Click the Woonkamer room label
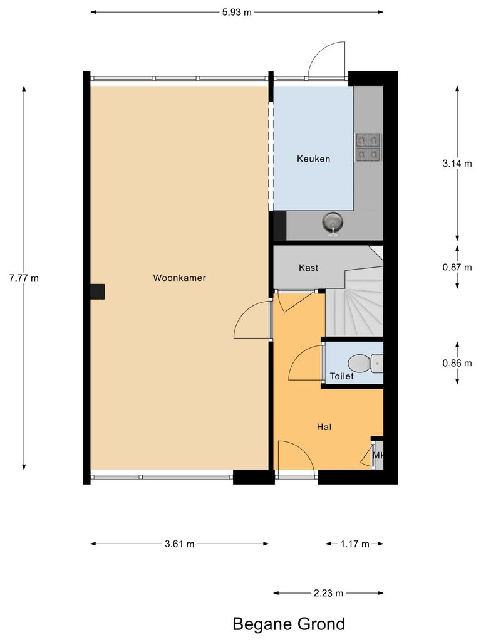point(179,278)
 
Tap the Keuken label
point(313,159)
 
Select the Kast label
point(308,268)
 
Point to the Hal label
point(324,427)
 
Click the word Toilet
point(342,376)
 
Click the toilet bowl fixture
point(365,362)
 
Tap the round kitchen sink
point(332,221)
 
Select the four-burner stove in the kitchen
point(368,145)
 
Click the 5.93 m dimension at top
point(237,12)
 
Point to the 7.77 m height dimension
point(24,278)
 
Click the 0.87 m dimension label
point(457,267)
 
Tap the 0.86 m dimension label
point(457,363)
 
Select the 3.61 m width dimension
point(179,544)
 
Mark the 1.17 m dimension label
point(354,544)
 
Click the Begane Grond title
point(289,624)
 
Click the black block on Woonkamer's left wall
point(97,292)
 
